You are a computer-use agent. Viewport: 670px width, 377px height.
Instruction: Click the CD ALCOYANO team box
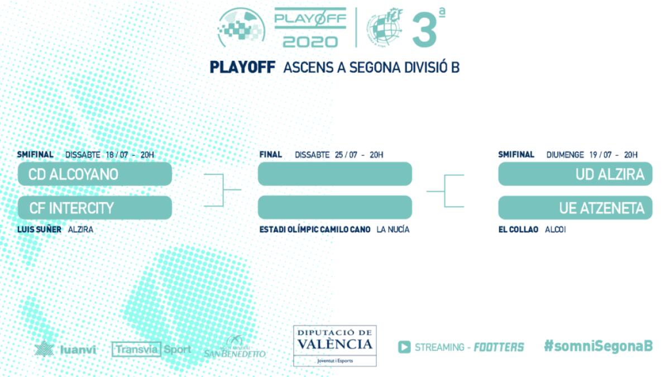[94, 174]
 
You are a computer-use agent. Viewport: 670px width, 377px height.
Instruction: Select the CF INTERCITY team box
[94, 208]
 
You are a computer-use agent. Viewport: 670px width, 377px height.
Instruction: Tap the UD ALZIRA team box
[575, 174]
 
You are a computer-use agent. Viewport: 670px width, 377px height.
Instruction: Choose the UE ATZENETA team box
[575, 208]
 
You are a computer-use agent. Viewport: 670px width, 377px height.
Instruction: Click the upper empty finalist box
[334, 174]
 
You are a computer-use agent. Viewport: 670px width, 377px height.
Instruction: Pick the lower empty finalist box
[334, 208]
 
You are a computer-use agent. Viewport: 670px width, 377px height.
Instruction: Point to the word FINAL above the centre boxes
[271, 155]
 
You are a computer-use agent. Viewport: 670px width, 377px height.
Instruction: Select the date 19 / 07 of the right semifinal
[601, 155]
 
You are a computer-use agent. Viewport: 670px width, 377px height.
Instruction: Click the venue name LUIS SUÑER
[39, 230]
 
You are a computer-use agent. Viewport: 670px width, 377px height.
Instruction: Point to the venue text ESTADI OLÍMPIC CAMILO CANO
[315, 230]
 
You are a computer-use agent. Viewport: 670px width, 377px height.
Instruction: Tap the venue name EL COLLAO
[519, 230]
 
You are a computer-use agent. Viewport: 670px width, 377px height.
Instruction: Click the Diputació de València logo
[334, 346]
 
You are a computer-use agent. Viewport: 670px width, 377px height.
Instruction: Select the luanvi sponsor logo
[65, 350]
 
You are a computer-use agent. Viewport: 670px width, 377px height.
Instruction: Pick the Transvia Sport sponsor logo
[151, 350]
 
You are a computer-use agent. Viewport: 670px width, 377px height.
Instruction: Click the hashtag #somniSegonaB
[598, 346]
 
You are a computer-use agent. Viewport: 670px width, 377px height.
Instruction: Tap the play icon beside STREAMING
[404, 347]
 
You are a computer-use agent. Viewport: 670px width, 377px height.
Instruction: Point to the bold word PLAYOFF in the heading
[242, 68]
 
